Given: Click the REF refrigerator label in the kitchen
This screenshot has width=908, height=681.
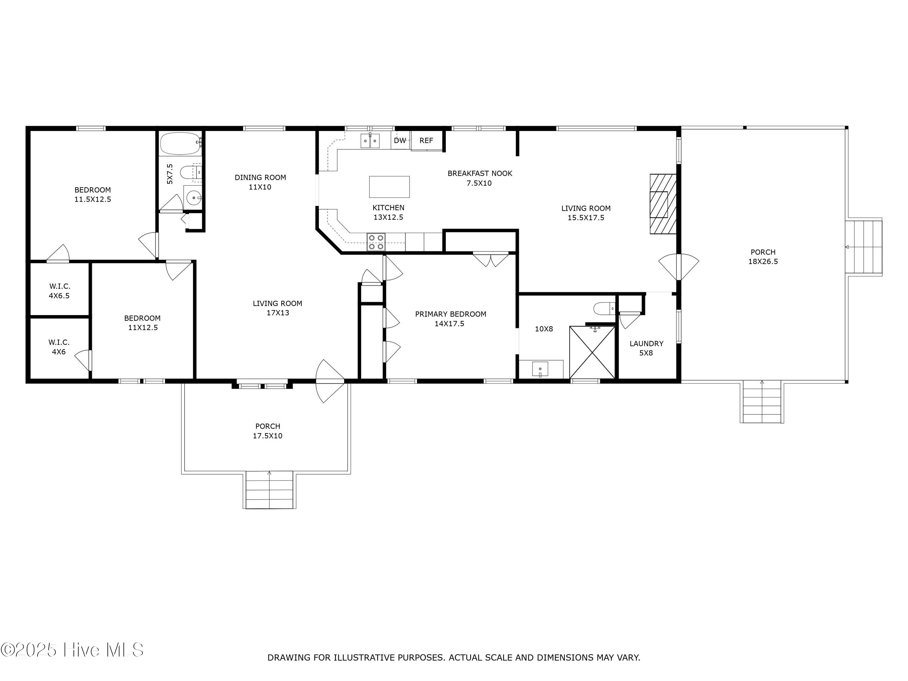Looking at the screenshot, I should coord(426,141).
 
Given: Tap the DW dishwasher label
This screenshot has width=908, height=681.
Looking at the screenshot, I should coord(400,141).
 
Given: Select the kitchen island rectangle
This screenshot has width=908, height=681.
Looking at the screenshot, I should coord(389,187).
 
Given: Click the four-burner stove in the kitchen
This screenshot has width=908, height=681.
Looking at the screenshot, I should coord(376,242).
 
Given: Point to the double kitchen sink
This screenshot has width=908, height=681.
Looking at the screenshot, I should coord(370,141).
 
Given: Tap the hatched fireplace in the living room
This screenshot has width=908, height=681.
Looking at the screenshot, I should coord(663,204).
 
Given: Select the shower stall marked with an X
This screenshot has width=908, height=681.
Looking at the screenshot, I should coord(592,352).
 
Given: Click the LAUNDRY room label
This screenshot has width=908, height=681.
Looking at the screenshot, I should coord(646,344).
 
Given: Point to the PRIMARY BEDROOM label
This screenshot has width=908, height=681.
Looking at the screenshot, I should coord(450,314).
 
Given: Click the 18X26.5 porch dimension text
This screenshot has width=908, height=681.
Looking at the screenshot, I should coord(763,262).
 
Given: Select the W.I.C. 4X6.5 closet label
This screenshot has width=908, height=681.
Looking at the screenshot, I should coord(60,291).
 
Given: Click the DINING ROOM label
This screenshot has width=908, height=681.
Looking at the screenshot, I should coord(260,177).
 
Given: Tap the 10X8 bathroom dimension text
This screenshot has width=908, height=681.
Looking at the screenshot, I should coord(544,329).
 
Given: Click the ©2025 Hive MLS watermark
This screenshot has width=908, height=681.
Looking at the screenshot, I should coord(72,650).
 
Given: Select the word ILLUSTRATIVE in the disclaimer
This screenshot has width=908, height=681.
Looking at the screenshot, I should coord(364,658).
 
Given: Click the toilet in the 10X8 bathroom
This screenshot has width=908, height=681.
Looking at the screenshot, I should coord(604,308).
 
